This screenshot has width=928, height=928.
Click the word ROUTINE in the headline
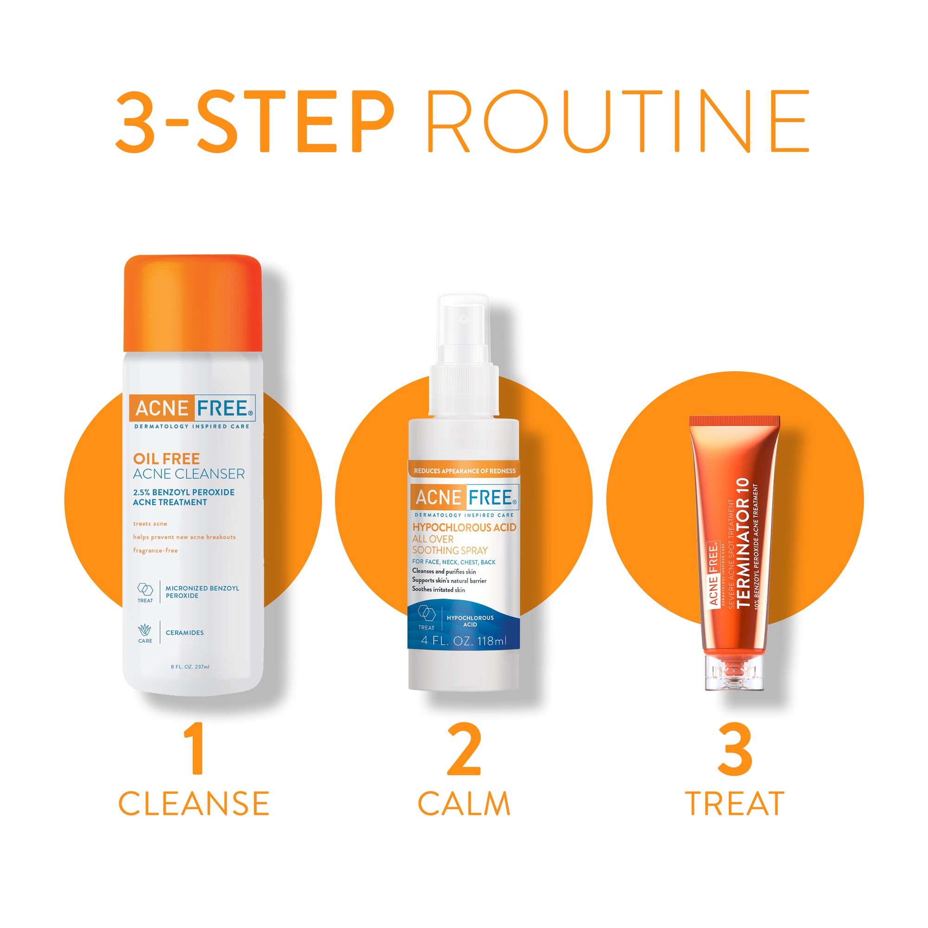[618, 122]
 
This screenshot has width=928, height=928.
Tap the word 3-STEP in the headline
[255, 122]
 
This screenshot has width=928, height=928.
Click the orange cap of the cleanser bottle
[193, 303]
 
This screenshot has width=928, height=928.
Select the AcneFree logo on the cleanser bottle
[192, 408]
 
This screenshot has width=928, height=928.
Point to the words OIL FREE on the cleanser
[166, 458]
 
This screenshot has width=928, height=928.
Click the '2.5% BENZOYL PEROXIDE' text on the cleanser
[184, 492]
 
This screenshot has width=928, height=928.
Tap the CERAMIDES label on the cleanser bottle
[185, 632]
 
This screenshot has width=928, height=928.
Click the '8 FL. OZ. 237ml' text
[190, 667]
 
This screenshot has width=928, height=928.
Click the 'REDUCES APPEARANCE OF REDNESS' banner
[464, 470]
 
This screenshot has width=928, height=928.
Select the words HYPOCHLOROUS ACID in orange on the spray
[464, 528]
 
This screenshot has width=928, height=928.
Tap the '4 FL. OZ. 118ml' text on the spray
[464, 641]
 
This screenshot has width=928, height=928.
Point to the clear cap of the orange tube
[734, 672]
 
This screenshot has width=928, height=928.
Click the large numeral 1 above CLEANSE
[195, 749]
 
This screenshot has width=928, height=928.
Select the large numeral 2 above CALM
[464, 749]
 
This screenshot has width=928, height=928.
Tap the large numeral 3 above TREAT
[735, 749]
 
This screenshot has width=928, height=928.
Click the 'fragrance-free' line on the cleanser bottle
[155, 550]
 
